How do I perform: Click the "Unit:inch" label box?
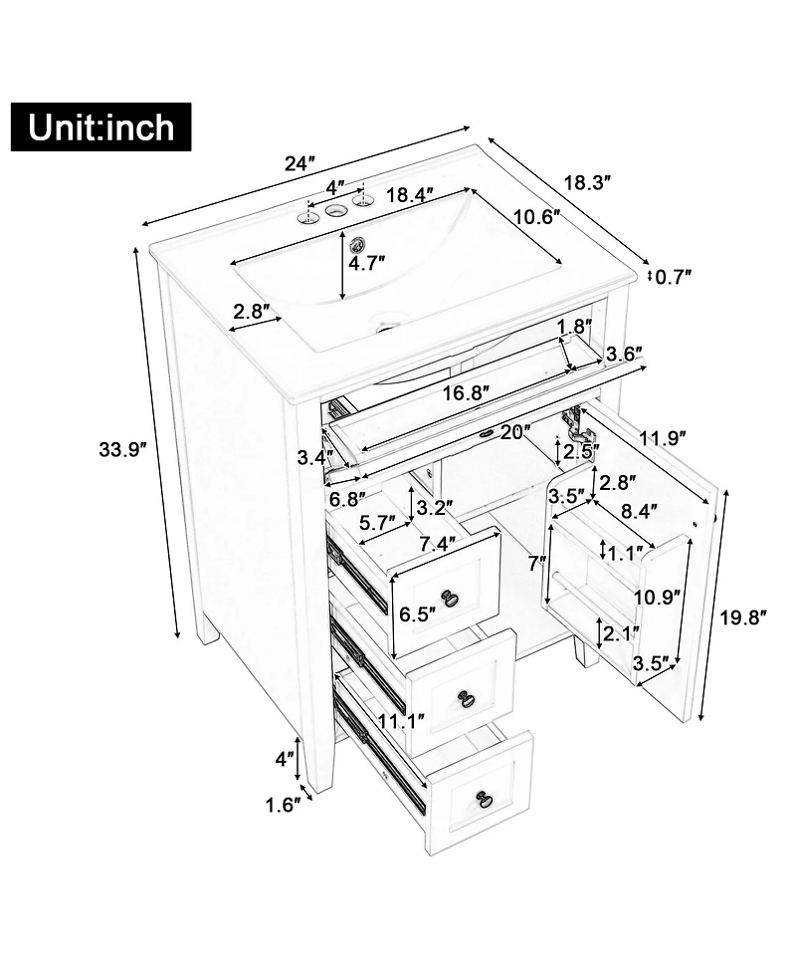[100, 126]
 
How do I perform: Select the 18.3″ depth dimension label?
[587, 182]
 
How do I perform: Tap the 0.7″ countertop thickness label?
[674, 276]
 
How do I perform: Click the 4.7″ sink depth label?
[367, 264]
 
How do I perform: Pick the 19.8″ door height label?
[744, 617]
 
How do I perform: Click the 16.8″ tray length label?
[466, 392]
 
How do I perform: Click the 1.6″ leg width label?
[283, 804]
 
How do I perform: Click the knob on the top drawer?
[450, 598]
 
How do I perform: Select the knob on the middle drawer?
[466, 698]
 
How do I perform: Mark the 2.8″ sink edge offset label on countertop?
[252, 311]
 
